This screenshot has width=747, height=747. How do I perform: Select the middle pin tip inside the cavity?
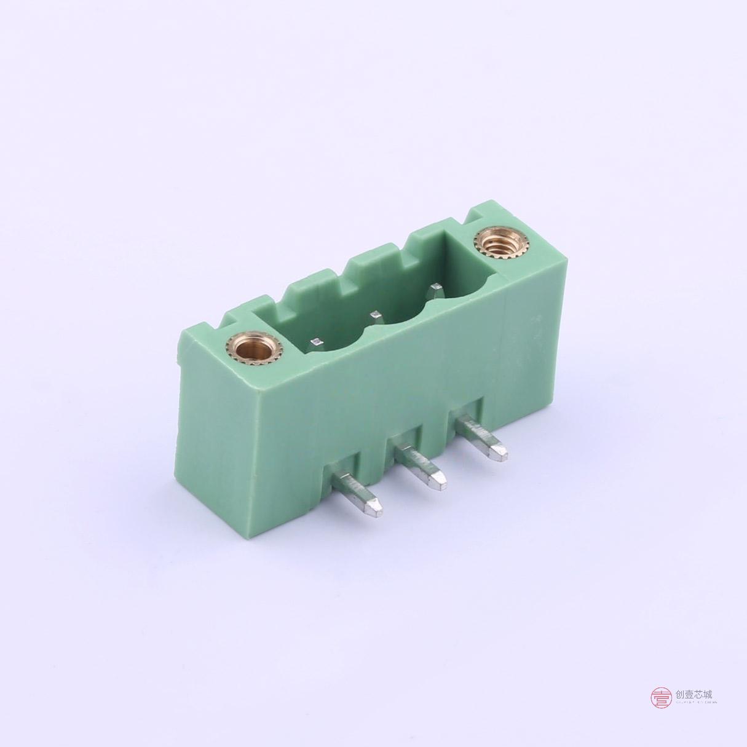(374, 315)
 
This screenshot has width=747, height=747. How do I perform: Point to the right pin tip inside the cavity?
(437, 287)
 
